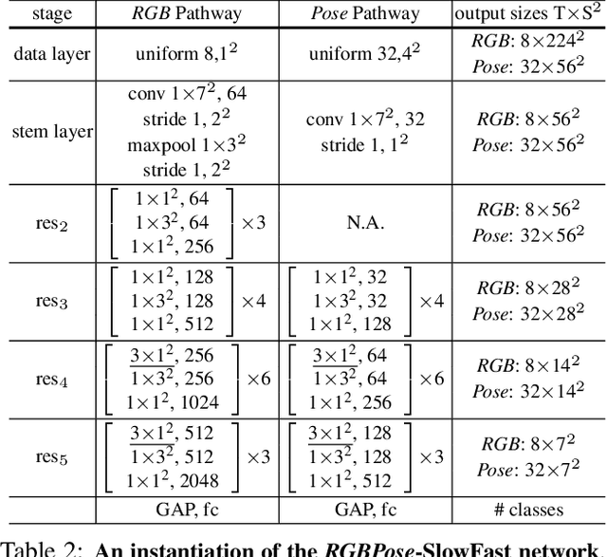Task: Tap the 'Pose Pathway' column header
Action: click(365, 13)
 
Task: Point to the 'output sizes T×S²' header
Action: click(528, 13)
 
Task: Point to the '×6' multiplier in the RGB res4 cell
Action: click(259, 379)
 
